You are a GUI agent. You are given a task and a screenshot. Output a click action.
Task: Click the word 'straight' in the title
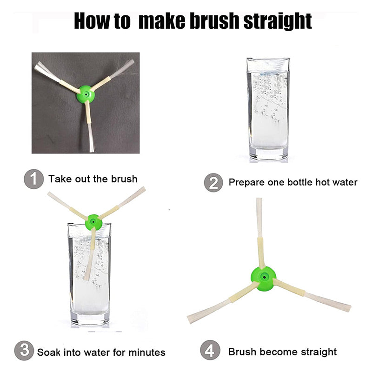pyautogui.click(x=278, y=21)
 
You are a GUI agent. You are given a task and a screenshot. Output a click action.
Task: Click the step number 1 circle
pyautogui.click(x=33, y=179)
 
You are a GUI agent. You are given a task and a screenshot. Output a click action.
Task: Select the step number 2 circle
pyautogui.click(x=213, y=182)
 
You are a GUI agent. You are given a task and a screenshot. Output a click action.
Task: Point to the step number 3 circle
pyautogui.click(x=24, y=351)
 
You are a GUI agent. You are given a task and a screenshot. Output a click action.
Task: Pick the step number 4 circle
pyautogui.click(x=210, y=350)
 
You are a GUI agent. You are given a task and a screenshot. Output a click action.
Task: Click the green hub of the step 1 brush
pyautogui.click(x=86, y=94)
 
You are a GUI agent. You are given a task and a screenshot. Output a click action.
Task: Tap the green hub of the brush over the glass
pyautogui.click(x=94, y=222)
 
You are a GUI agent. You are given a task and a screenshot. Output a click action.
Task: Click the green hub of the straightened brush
pyautogui.click(x=264, y=278)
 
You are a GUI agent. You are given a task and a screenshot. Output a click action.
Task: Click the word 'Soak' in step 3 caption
pyautogui.click(x=49, y=352)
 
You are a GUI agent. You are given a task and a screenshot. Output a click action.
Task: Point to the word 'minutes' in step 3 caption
pyautogui.click(x=147, y=352)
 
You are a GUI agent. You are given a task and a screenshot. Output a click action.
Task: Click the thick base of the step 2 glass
pyautogui.click(x=269, y=154)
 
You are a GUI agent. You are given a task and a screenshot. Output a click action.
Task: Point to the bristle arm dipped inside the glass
pyautogui.click(x=90, y=254)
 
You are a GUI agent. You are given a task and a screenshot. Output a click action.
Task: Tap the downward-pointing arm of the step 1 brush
pyautogui.click(x=89, y=126)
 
